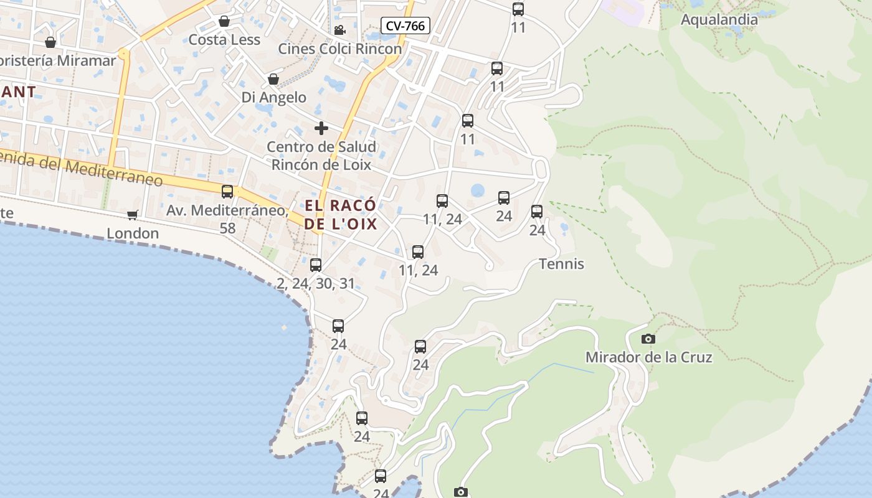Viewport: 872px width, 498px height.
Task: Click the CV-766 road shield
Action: coord(405,26)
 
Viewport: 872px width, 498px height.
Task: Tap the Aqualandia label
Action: coord(719,19)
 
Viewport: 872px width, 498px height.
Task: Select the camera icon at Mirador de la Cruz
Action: coord(648,339)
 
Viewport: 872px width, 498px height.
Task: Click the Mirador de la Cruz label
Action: coord(648,357)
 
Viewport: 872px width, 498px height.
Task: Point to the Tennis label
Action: coord(561,264)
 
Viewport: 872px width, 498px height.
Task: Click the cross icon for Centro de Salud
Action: coord(321,128)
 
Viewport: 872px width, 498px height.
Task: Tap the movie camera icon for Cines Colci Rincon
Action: coord(339,31)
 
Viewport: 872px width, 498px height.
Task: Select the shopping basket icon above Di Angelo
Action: coord(273,79)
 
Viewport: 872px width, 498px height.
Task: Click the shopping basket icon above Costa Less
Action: coord(224,22)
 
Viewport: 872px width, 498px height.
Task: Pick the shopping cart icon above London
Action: coord(132,215)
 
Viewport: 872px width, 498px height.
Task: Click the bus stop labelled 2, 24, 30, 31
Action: coord(316,265)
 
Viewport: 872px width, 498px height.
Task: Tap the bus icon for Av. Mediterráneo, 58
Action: coord(227,192)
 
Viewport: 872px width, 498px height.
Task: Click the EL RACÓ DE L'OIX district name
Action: coord(341,214)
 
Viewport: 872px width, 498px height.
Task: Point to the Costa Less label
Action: coord(224,40)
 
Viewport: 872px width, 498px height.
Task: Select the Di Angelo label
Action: coord(274,97)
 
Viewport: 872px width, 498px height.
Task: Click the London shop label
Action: coord(133,233)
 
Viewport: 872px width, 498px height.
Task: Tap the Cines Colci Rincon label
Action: coord(340,49)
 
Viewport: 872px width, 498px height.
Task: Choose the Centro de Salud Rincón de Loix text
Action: coord(321,156)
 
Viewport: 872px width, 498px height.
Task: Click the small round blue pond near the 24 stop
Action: coord(478,190)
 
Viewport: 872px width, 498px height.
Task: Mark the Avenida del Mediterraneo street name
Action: coord(81,169)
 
